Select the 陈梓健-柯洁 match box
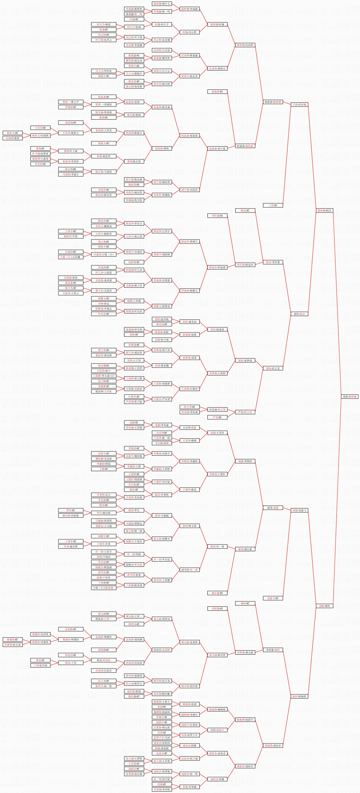point(324,210)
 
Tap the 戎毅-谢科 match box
point(324,606)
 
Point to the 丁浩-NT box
point(273,205)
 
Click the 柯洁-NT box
point(245,210)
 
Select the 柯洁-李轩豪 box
point(273,262)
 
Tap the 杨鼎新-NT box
point(217,92)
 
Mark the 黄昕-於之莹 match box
point(273,368)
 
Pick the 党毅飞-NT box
point(273,598)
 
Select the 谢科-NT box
point(245,603)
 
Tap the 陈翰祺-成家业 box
point(273,746)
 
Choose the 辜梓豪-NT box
point(217,609)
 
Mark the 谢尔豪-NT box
point(217,593)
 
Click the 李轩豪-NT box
point(217,216)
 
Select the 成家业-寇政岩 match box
point(245,766)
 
